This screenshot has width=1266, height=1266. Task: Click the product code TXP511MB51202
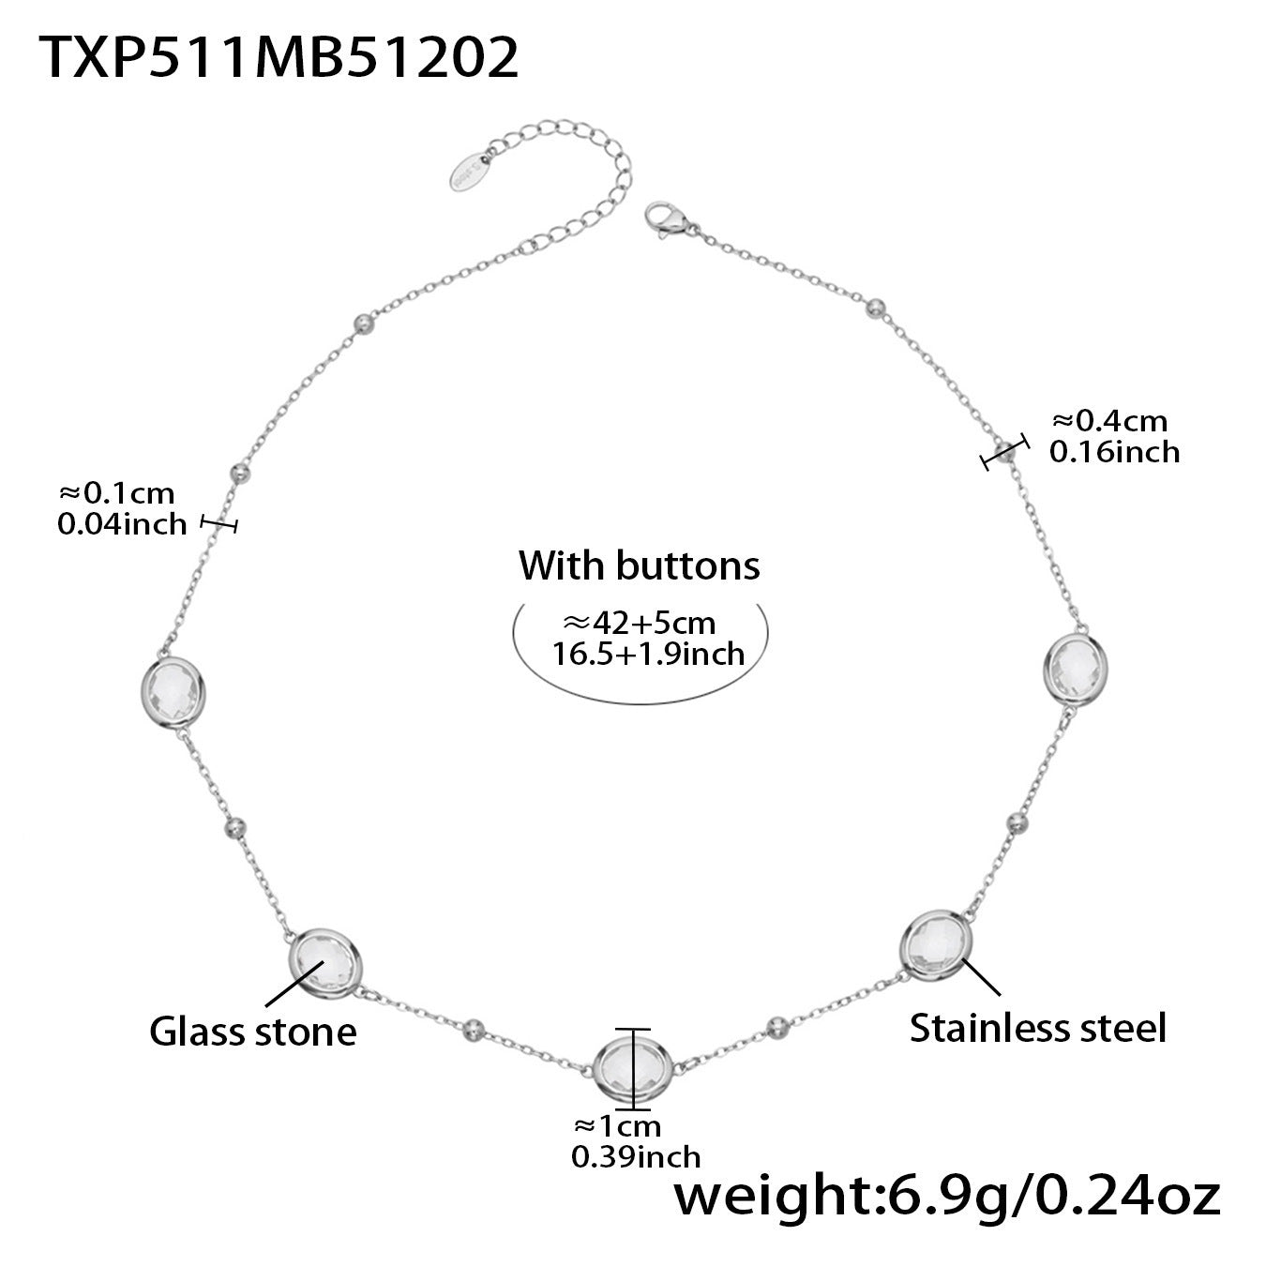coord(279,58)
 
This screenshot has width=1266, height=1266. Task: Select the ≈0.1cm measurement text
coord(117,492)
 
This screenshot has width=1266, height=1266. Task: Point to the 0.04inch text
coord(122,523)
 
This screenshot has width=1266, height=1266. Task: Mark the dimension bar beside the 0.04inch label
coord(219,525)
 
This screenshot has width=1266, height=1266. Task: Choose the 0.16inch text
coord(1114,452)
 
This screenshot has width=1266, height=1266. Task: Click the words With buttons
coord(640,565)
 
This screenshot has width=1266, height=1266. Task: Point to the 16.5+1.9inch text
coord(647,653)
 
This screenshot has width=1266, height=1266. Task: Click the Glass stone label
coord(253,1032)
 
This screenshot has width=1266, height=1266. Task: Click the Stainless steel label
coord(1037,1027)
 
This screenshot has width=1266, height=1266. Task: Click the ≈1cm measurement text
coord(617,1125)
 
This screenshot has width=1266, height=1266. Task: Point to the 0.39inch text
coord(636,1156)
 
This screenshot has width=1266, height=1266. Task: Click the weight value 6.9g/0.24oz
coord(947,1199)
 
